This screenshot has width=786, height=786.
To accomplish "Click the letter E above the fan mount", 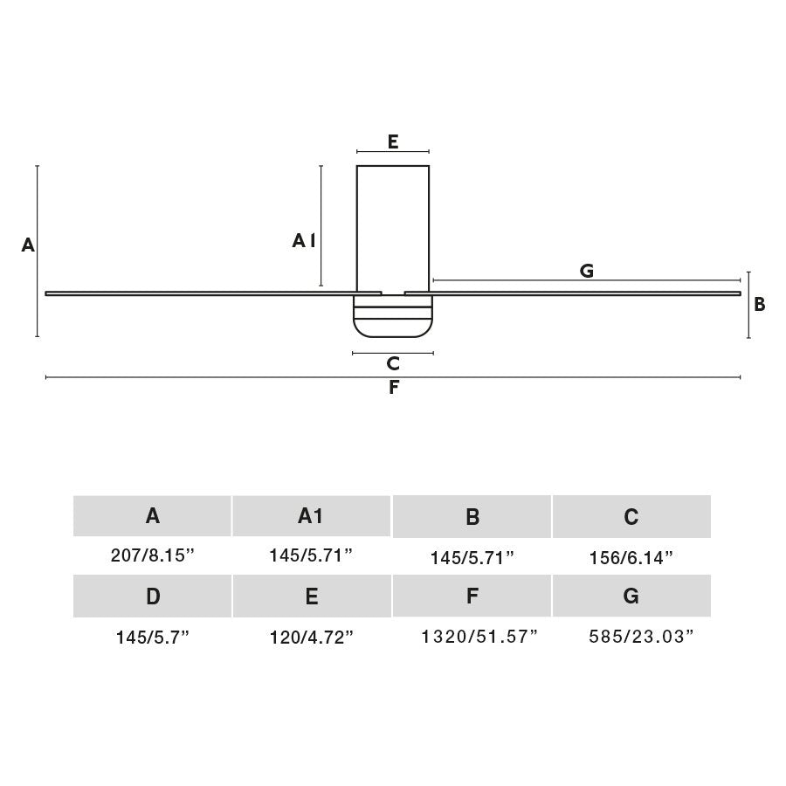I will click(393, 141).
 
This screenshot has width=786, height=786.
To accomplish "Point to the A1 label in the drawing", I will click(304, 241).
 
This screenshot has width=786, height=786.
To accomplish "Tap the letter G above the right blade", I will click(587, 271).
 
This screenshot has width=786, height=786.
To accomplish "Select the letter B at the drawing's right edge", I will click(760, 304).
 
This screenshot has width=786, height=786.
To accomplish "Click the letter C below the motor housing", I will click(393, 363).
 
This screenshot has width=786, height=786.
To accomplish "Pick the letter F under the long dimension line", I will click(394, 388).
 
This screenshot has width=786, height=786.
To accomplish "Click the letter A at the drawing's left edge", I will click(28, 245).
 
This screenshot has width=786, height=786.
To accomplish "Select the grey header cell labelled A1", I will click(311, 516).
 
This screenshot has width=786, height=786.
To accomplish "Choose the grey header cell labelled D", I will click(153, 596).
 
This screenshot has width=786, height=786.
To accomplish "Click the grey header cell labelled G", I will click(631, 596).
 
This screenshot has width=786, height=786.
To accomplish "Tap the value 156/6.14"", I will click(631, 558).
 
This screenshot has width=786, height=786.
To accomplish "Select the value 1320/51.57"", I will click(479, 637).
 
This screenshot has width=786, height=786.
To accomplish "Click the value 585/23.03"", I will click(641, 637).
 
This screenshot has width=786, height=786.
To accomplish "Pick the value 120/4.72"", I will click(311, 638).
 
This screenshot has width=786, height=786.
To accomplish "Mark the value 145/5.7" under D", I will click(153, 638).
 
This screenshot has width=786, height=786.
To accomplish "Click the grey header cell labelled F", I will click(472, 596).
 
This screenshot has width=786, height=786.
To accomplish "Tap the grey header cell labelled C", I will click(631, 517).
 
